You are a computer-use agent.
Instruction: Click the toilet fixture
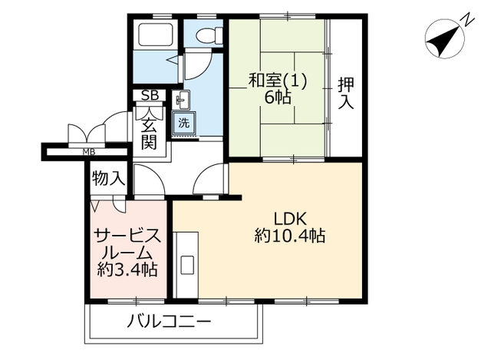209,34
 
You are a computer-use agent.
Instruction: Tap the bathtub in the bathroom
156,34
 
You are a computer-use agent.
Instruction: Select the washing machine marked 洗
184,123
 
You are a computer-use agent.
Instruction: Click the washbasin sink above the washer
181,100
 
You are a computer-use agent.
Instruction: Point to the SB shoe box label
150,95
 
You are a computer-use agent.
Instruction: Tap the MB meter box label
89,153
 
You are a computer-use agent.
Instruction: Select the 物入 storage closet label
109,179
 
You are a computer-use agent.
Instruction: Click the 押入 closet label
346,93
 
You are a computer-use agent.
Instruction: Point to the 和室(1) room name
278,80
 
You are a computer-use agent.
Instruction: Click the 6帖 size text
278,97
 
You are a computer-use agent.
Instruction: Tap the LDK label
290,219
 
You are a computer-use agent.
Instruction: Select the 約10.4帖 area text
290,236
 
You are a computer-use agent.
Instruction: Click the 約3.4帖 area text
127,269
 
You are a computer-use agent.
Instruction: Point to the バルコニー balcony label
169,322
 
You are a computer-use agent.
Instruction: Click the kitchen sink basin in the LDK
187,266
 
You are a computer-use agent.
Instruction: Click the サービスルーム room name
127,243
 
